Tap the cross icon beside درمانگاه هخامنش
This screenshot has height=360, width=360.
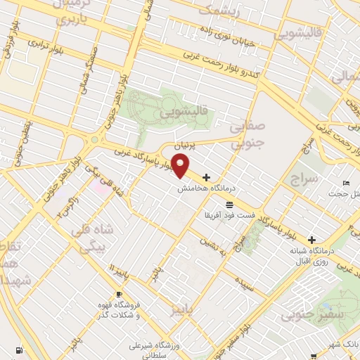205,177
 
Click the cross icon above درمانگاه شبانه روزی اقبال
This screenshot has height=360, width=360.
311,240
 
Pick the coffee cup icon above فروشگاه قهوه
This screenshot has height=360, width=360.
119,295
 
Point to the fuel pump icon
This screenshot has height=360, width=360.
17,349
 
